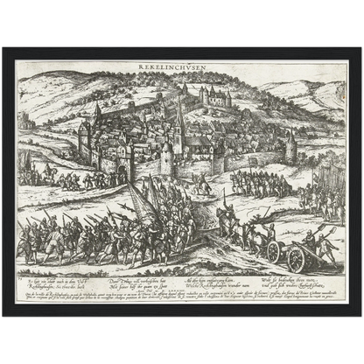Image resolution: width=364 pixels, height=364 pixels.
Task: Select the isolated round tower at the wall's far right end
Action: click(290, 148)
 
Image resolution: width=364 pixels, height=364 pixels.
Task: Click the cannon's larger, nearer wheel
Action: click(297, 257)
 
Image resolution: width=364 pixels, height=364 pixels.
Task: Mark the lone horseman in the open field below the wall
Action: click(203, 185)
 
